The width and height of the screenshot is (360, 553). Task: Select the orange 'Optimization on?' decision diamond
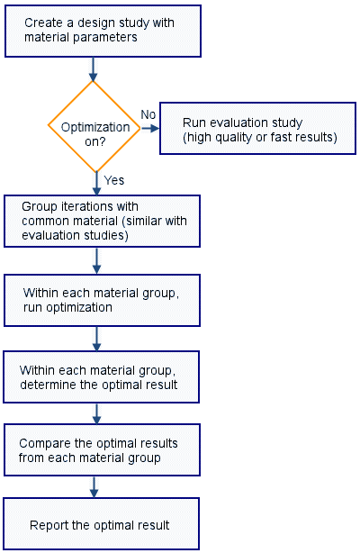click(94, 127)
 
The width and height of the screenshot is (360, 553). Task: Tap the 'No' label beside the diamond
click(148, 113)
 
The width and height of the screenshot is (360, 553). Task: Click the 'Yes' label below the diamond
click(114, 180)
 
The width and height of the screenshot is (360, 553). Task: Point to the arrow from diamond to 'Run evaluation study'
click(150, 128)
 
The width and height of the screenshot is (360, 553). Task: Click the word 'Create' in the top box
click(41, 22)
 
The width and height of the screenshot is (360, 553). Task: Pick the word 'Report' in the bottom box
click(50, 525)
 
